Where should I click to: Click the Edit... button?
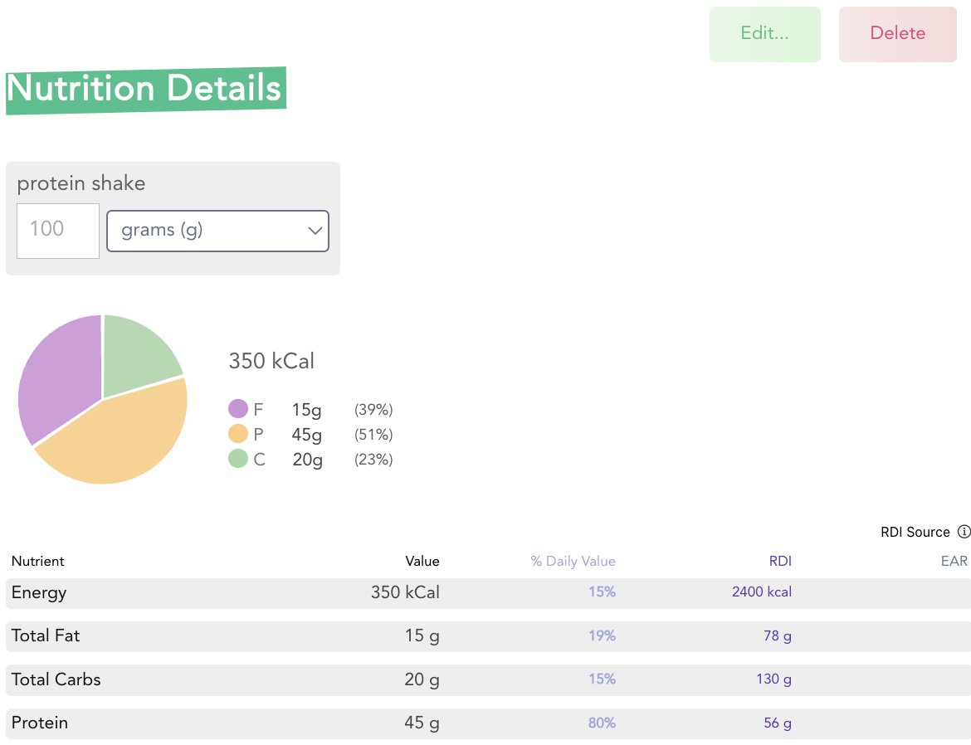[764, 34]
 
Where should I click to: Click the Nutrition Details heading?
[145, 89]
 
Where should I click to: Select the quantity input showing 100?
[57, 230]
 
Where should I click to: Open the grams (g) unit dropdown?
[217, 231]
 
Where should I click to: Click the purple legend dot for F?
[238, 409]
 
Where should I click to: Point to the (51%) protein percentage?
[373, 435]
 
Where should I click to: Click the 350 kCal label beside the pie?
[271, 361]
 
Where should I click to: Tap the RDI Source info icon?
[964, 532]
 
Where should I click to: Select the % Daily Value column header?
[573, 562]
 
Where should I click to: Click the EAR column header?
[954, 562]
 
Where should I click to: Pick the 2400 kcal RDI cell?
[761, 592]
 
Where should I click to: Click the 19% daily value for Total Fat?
[602, 636]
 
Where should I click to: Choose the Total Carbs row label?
[56, 679]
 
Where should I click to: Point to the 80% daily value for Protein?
[602, 723]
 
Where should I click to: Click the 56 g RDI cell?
[778, 723]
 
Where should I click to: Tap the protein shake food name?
[81, 183]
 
